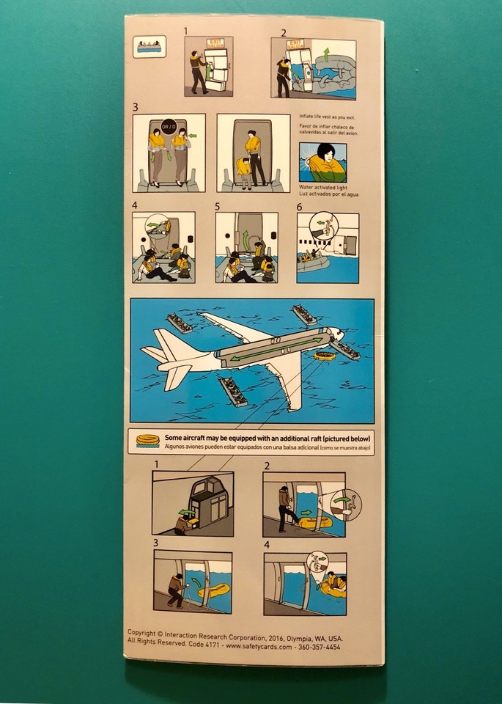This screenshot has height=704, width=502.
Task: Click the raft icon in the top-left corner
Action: [151, 46]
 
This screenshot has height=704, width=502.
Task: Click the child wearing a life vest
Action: [243, 171]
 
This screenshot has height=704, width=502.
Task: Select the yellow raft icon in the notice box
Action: [147, 441]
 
